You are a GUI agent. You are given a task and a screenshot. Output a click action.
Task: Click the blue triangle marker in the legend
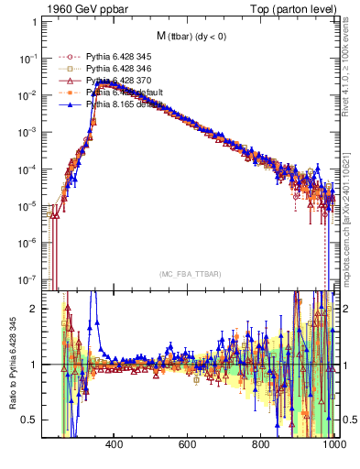67,104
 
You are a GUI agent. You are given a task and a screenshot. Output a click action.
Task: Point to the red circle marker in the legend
67,57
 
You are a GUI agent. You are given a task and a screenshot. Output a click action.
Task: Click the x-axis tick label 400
115,445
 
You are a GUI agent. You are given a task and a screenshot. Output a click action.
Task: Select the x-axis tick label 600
188,445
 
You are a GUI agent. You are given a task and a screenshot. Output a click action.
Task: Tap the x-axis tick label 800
262,445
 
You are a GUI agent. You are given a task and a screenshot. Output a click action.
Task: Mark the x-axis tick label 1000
333,445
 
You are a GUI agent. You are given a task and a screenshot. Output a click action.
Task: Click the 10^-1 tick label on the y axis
30,58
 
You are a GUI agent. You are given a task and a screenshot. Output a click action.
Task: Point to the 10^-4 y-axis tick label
30,169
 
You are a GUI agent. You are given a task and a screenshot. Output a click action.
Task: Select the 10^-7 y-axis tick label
30,280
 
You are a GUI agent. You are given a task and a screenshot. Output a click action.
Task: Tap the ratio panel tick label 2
34,309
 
